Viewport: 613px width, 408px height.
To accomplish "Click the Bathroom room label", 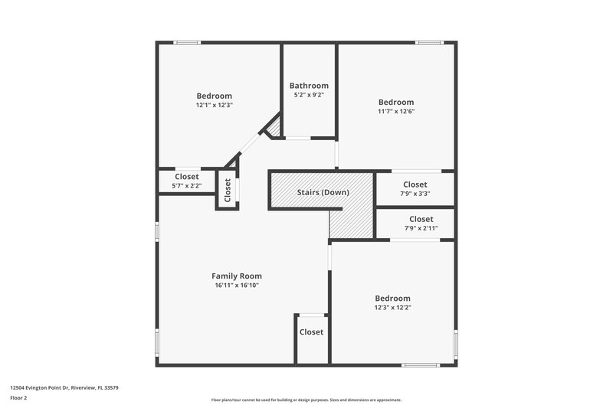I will [x=309, y=86].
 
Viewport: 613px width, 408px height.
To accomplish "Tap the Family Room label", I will [x=237, y=276].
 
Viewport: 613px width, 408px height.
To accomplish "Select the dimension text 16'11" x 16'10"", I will [x=237, y=286].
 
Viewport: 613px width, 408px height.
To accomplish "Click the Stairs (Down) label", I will [x=323, y=192].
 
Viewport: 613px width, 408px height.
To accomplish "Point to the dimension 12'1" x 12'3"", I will [x=214, y=105].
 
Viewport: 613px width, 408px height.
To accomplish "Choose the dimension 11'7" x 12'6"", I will [x=396, y=111].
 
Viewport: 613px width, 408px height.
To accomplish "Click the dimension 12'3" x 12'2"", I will [x=392, y=307].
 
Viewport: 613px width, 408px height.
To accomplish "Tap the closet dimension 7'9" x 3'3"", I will [x=415, y=193].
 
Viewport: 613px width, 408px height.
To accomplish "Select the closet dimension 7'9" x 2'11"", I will [x=415, y=228].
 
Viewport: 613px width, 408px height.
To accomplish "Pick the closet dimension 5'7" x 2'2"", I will [x=186, y=185].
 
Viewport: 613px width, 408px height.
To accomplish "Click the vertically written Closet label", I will [x=228, y=191].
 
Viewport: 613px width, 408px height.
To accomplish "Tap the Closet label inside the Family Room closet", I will [x=311, y=332].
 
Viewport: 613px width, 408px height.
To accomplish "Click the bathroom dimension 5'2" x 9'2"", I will [x=309, y=95].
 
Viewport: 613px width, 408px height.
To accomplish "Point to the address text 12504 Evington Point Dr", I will [x=64, y=387].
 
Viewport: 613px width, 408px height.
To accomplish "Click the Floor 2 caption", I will [x=18, y=398].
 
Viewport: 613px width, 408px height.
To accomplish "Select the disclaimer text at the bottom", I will [x=306, y=400].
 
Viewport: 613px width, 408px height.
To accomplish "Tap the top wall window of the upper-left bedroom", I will [x=187, y=43].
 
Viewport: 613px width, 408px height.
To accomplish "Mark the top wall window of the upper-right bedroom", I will [x=429, y=43].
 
